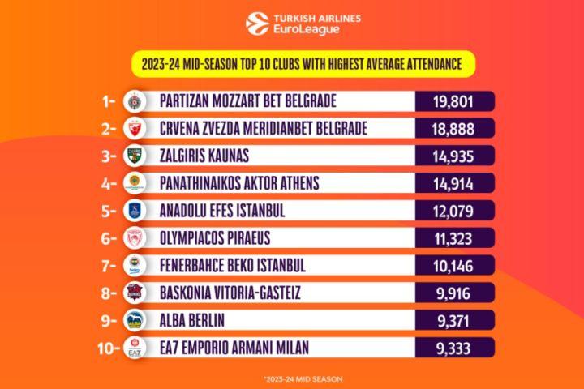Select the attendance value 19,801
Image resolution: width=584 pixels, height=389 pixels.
pos(454,102)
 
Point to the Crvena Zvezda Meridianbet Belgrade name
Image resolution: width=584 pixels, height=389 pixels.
pos(264,129)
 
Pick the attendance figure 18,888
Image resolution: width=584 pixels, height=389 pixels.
pos(454,129)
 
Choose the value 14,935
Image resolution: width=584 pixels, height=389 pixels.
pos(454,156)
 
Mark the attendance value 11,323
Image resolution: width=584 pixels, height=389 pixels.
pos(454,238)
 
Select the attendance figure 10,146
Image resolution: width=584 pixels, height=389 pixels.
pos(454,266)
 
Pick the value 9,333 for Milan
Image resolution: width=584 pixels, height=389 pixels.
pos(454,348)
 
